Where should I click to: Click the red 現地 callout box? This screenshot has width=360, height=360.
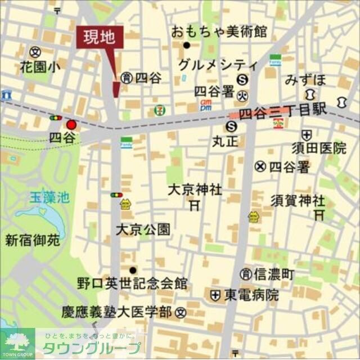click(99, 38)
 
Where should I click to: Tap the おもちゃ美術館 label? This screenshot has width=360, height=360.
click(219, 30)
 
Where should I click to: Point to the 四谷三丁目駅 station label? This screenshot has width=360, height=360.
click(283, 112)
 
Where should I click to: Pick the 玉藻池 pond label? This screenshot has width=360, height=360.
click(49, 197)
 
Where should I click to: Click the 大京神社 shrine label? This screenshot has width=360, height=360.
click(195, 190)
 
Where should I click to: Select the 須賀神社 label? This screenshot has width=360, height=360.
click(298, 200)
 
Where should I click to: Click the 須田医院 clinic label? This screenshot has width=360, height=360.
click(318, 148)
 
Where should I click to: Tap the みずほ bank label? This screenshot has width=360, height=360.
click(305, 79)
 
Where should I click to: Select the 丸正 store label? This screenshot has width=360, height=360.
click(225, 141)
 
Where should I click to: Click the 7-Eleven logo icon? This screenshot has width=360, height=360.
click(160, 110)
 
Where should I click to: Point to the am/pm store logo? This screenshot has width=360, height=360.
click(206, 105)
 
